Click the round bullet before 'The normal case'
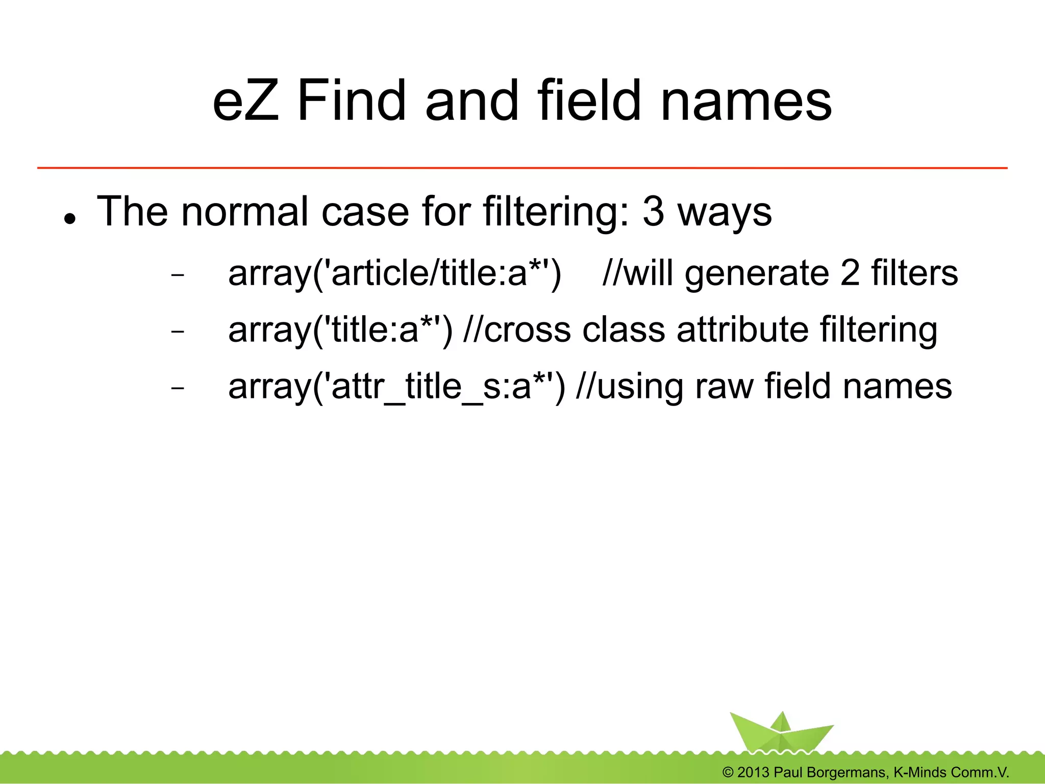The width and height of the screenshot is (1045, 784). point(70,219)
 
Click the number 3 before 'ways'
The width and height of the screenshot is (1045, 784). point(654,212)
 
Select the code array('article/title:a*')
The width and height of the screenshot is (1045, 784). point(394,273)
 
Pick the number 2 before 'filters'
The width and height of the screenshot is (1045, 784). point(850,273)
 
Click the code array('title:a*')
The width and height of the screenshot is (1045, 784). point(340,330)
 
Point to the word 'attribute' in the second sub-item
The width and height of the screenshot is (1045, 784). point(742,330)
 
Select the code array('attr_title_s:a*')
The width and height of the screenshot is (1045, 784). point(397,387)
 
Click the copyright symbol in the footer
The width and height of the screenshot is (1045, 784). point(728,772)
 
